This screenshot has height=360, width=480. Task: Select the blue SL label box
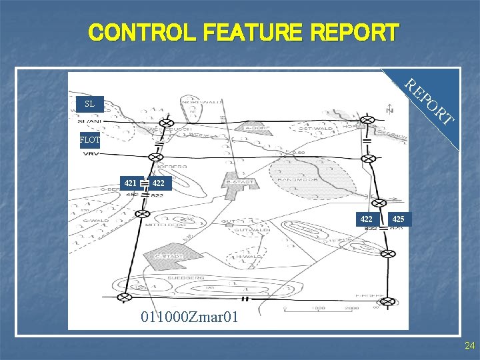[x=89, y=104]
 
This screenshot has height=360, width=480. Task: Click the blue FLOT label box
[x=89, y=140]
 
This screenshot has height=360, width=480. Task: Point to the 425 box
[x=397, y=219]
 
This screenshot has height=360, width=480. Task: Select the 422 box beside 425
[x=367, y=219]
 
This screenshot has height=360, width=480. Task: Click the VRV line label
[x=91, y=153]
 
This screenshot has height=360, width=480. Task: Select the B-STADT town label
[x=241, y=180]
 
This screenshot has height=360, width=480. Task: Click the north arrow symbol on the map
[x=389, y=107]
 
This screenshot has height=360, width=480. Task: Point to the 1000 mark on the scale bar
[x=318, y=308]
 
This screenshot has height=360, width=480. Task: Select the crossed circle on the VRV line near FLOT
[x=155, y=158]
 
